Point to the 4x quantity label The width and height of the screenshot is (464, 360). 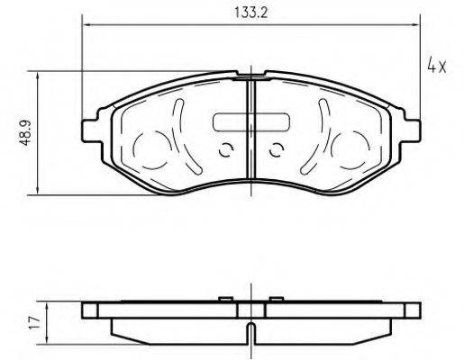coord(436,67)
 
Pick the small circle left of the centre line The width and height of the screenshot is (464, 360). coord(225,150)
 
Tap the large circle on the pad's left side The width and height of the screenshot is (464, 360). coord(153,148)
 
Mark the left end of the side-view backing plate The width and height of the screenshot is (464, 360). coord(88,310)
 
